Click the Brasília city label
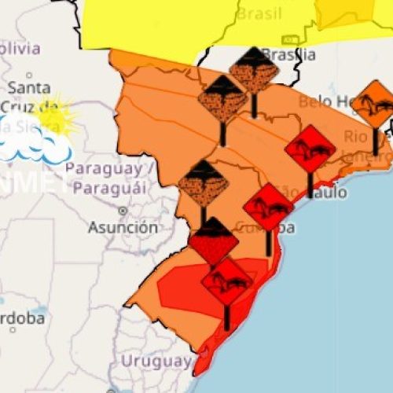[x=289, y=55]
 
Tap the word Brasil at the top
[x=259, y=13]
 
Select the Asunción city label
[x=122, y=227]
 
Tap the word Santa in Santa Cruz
[x=29, y=87]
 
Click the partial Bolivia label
[x=20, y=48]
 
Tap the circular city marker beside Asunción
[x=122, y=211]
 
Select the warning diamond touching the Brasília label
[x=253, y=71]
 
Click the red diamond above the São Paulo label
[x=310, y=149]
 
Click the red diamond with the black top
[x=212, y=240]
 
